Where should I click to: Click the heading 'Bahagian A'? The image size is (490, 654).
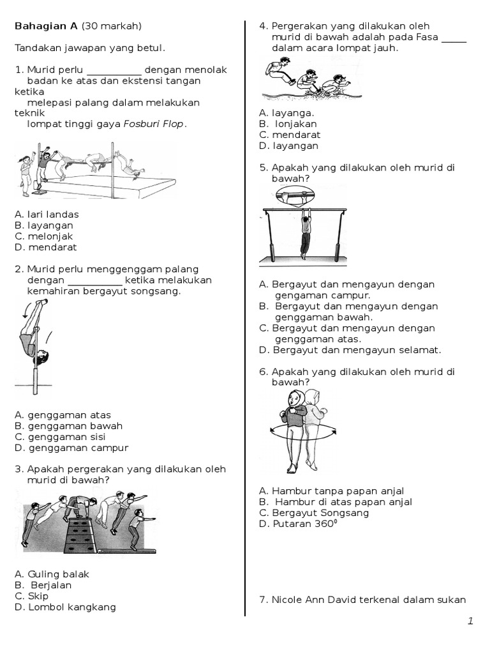(x=46, y=26)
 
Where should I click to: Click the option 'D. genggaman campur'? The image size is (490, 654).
(x=71, y=448)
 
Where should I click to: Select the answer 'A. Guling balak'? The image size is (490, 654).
(x=52, y=574)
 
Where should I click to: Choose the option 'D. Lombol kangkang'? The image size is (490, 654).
(x=65, y=607)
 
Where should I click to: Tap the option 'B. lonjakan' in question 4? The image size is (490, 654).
(x=288, y=124)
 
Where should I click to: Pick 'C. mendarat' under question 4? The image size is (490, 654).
(x=290, y=135)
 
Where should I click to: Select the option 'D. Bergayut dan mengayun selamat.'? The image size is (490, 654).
(x=350, y=349)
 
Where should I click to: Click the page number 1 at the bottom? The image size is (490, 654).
(x=470, y=621)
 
